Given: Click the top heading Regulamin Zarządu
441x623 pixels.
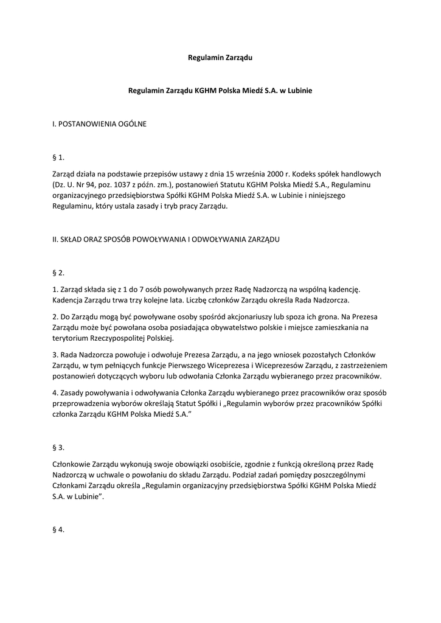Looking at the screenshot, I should [220, 58].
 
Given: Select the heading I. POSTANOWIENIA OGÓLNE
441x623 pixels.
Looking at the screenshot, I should [99, 124].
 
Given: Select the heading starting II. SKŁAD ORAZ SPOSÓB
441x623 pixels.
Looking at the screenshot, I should [166, 240].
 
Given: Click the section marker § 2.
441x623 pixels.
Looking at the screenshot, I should [58, 273].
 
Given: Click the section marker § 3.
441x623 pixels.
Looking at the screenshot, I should [58, 447].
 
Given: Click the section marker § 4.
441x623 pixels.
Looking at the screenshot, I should [58, 530].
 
